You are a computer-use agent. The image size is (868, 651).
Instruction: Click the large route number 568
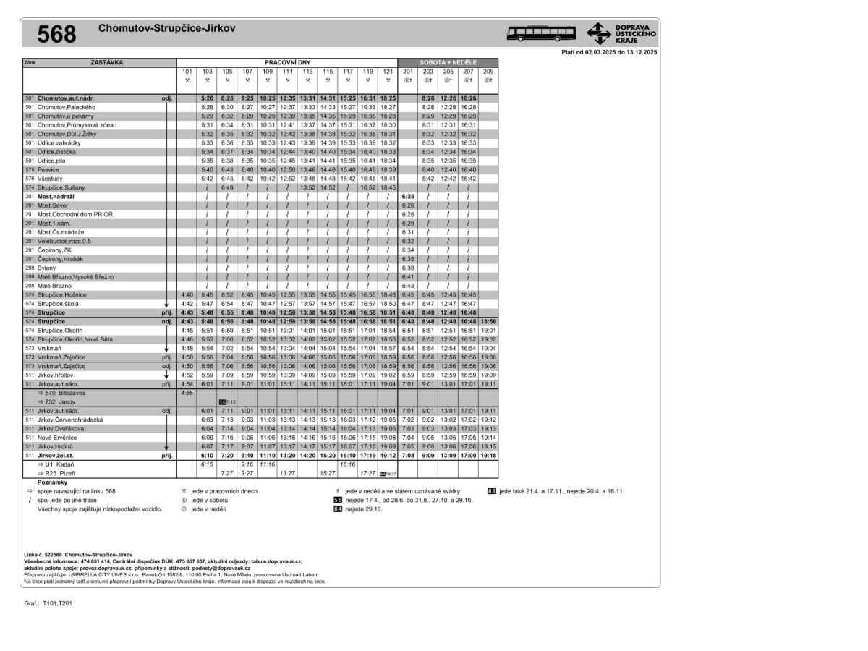pyautogui.click(x=56, y=34)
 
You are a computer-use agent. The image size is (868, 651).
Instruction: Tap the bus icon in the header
pyautogui.click(x=542, y=33)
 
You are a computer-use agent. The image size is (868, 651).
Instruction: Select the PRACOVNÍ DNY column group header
pyautogui.click(x=287, y=63)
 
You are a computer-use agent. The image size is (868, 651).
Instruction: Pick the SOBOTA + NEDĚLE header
pyautogui.click(x=448, y=63)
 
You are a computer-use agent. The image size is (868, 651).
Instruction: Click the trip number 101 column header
pyautogui.click(x=187, y=72)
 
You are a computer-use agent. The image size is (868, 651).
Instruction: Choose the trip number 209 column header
pyautogui.click(x=488, y=72)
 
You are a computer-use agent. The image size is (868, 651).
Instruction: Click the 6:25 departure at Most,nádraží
pyautogui.click(x=407, y=196)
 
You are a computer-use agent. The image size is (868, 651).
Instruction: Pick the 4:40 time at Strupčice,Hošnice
pyautogui.click(x=187, y=294)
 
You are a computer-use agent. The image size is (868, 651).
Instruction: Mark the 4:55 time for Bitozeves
pyautogui.click(x=187, y=393)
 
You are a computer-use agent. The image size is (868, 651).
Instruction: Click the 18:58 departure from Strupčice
pyautogui.click(x=488, y=321)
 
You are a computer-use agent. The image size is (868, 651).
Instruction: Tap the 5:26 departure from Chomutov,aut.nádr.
pyautogui.click(x=208, y=98)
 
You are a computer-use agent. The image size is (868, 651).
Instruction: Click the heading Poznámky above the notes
pyautogui.click(x=52, y=482)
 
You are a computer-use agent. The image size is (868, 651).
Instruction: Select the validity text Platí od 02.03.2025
pyautogui.click(x=609, y=52)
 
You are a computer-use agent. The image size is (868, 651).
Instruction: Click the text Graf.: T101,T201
pyautogui.click(x=48, y=602)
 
